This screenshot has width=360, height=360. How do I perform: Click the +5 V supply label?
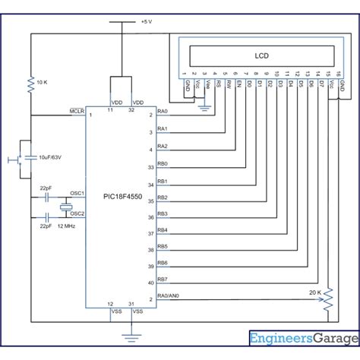147,22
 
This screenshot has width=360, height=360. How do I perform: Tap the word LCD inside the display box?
261,55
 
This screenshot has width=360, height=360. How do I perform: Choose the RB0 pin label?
162,163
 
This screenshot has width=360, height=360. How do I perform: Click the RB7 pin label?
162,279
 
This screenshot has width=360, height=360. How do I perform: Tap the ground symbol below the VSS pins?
125,333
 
